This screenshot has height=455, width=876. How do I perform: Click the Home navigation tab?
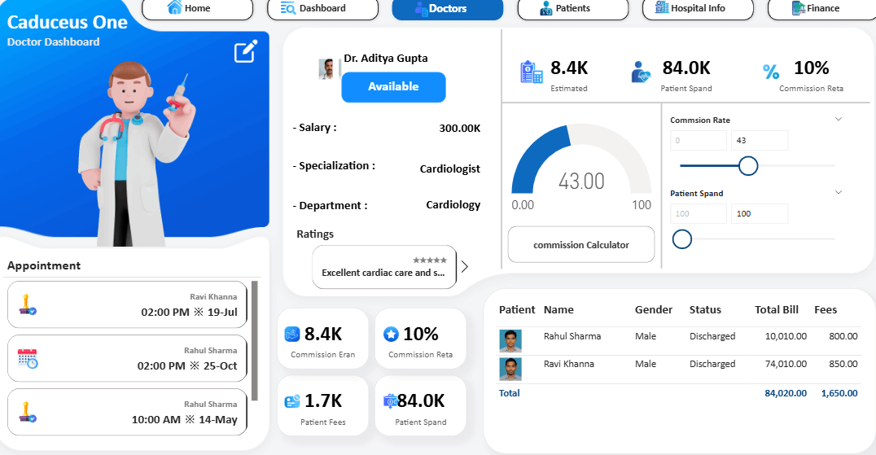189,8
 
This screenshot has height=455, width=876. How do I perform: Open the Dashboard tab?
322,8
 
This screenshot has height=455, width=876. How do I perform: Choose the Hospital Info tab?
697,8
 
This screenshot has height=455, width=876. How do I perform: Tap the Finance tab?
821,8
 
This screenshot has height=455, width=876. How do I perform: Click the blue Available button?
393,87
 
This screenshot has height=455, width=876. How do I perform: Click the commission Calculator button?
580,245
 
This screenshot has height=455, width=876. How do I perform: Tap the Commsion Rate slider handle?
748,166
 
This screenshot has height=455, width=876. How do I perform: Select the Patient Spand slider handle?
682,239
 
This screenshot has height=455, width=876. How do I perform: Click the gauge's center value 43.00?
581,182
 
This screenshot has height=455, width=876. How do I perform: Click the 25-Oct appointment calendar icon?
28,358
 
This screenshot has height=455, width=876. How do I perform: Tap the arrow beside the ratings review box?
465,266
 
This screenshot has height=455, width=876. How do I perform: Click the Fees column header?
826,309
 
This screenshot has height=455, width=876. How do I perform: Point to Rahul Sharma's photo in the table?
510,340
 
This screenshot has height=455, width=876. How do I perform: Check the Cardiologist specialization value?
449,169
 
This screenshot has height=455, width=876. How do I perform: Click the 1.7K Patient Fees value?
323,400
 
